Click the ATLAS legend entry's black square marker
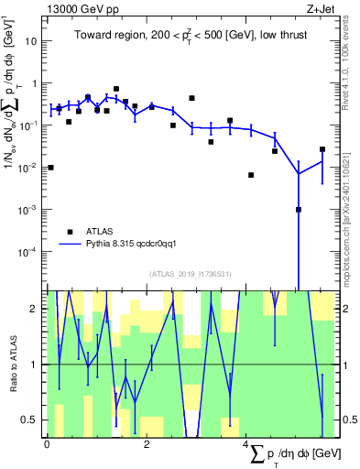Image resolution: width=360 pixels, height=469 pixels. (68, 232)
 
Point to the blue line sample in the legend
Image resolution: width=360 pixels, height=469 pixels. (68, 245)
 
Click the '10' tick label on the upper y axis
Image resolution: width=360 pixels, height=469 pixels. (32, 41)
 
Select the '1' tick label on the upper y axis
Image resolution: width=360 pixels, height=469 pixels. (35, 83)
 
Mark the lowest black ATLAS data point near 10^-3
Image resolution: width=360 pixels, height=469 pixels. (299, 210)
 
